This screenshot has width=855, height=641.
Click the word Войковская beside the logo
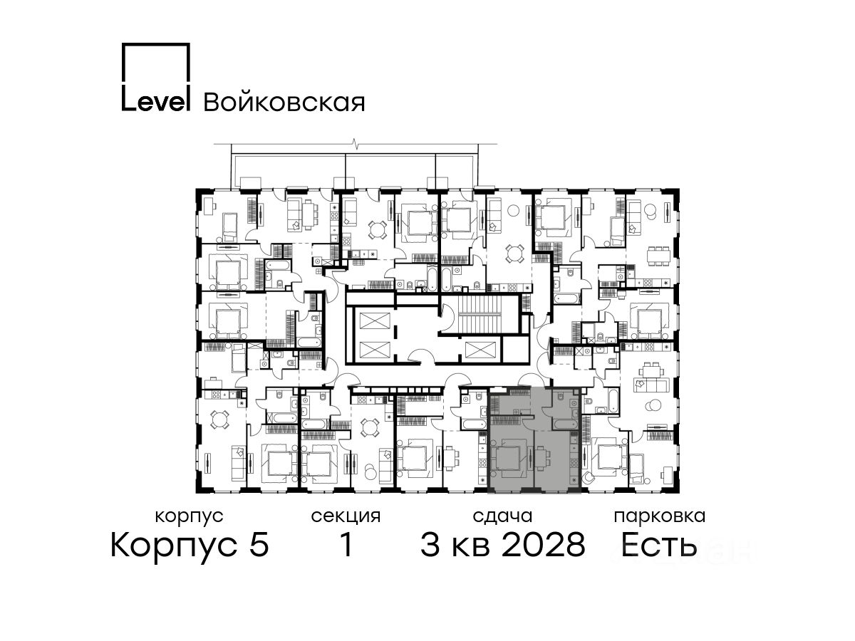pos(284,103)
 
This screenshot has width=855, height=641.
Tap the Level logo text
pos(156,102)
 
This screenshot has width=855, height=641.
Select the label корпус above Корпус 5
pos(189,517)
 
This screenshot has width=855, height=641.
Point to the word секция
pos(346,516)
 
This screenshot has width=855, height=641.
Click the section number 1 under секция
pos(346,544)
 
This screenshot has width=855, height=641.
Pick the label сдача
pos(502,516)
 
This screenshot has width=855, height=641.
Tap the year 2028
pos(543,544)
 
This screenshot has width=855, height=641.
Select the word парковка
pos(660,516)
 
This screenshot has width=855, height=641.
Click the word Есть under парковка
pos(658,545)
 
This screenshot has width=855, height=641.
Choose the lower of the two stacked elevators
pos(374,350)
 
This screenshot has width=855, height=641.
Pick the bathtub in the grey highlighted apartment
pos(564,424)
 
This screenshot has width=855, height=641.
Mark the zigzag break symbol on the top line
pos(355,144)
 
